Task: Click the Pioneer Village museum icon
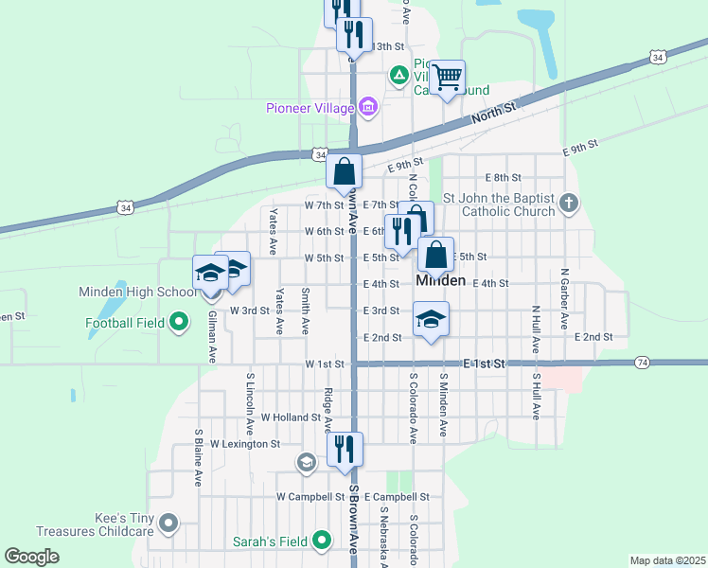tap(368, 106)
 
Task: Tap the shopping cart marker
tap(449, 77)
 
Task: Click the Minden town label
tap(440, 281)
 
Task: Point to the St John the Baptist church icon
tap(568, 203)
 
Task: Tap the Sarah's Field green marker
tap(322, 541)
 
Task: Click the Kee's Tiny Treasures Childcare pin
tap(168, 522)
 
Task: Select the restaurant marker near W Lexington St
tap(345, 450)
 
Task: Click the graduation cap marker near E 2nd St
tap(431, 320)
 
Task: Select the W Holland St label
tap(292, 417)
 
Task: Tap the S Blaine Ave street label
tap(199, 458)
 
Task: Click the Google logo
tap(31, 557)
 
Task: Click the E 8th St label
tap(504, 178)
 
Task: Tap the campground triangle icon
tap(399, 74)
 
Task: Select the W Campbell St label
tap(310, 497)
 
